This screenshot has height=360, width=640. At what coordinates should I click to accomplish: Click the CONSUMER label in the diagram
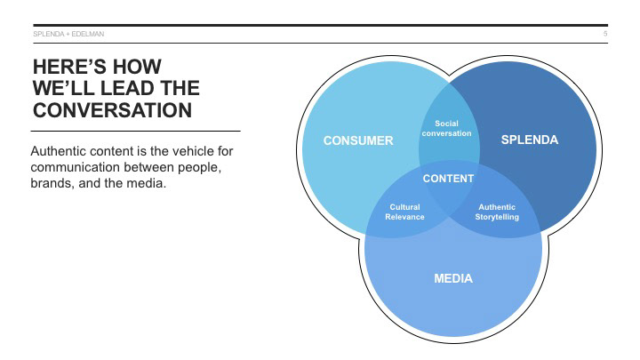click(358, 140)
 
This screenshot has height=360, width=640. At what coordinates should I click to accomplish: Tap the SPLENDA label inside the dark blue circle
click(530, 140)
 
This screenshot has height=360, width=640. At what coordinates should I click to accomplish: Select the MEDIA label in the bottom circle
click(453, 278)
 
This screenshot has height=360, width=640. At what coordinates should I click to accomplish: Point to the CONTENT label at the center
click(448, 179)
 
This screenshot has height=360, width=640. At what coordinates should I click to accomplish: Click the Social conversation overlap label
click(446, 128)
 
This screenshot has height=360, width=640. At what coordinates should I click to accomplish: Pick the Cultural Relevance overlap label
click(404, 212)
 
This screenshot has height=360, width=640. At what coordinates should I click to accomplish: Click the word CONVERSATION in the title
click(112, 111)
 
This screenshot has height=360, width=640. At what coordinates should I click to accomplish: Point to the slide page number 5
click(605, 34)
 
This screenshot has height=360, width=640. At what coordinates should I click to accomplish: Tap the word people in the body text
click(207, 168)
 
